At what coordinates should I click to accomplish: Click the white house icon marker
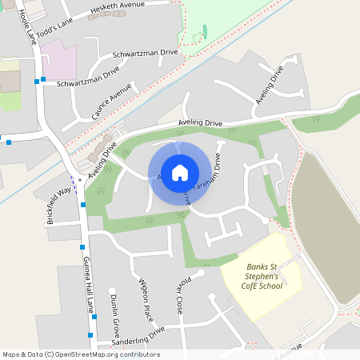coord(180,172)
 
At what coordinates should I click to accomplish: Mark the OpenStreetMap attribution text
coord(80,354)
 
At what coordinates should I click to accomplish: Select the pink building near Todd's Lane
coord(57,55)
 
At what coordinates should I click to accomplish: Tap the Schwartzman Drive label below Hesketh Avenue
coord(146,52)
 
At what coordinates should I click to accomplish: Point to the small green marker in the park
coord(205,31)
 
